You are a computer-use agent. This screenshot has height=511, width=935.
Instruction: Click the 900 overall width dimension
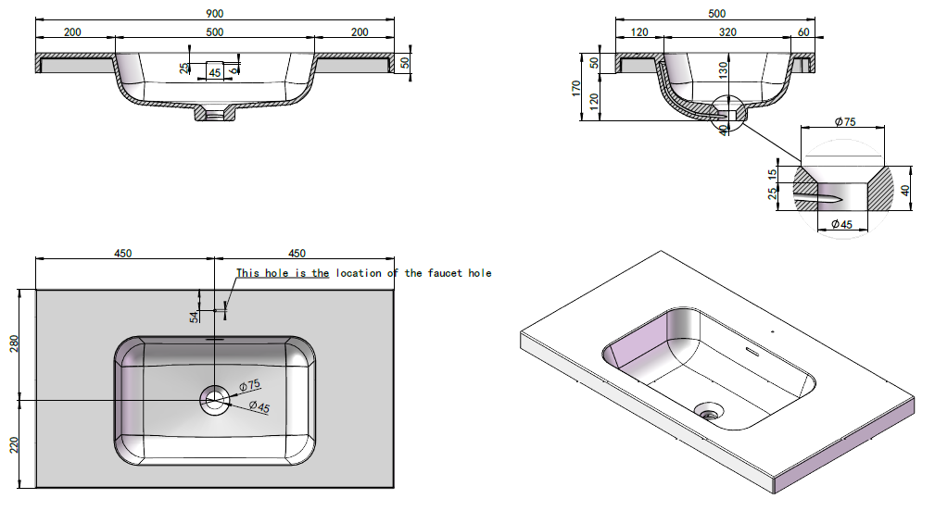(x=215, y=13)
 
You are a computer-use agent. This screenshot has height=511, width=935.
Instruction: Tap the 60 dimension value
(x=803, y=32)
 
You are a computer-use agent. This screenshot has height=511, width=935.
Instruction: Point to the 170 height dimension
(x=575, y=89)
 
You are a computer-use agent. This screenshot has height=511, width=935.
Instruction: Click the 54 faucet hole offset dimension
(x=194, y=317)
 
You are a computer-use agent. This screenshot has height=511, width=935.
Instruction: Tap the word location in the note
(x=359, y=273)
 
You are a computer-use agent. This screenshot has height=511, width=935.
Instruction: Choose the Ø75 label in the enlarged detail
(x=844, y=121)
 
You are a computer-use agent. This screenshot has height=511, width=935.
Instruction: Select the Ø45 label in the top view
(x=259, y=407)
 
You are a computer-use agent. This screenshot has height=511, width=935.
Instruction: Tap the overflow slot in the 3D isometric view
(x=751, y=351)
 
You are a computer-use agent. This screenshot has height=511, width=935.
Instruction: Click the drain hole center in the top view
(x=215, y=400)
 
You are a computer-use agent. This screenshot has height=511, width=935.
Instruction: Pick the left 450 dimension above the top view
(x=123, y=253)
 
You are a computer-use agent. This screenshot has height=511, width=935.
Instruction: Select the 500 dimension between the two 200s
(x=215, y=32)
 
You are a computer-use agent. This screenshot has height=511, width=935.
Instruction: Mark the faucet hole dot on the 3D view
(x=771, y=330)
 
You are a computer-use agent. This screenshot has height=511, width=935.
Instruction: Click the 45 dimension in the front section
(x=214, y=72)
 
